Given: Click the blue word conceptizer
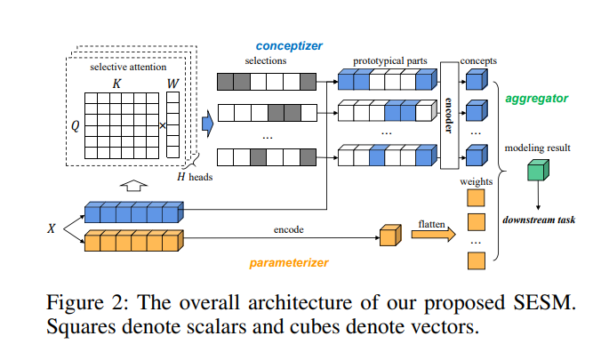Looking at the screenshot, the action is (x=289, y=46).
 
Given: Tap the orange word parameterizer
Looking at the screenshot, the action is (x=289, y=262).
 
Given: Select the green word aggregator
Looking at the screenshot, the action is (x=537, y=99).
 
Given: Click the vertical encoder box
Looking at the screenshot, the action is (x=449, y=115).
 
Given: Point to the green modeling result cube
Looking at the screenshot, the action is (x=538, y=171).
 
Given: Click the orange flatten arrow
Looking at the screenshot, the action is (x=434, y=234).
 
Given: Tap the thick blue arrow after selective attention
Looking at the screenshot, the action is (x=207, y=124).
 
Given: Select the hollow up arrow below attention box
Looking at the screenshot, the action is (x=133, y=186).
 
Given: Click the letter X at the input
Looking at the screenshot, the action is (x=51, y=228).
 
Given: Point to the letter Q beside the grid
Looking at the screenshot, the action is (x=76, y=125).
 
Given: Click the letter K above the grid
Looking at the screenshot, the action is (x=116, y=84).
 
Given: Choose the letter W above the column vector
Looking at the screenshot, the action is (x=172, y=84).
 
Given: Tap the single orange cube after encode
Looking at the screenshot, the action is (x=390, y=235).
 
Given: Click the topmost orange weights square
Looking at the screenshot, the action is (x=476, y=198).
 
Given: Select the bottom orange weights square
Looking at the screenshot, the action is (x=476, y=260).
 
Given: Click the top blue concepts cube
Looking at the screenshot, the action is (x=477, y=80).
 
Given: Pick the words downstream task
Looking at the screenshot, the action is (x=539, y=220).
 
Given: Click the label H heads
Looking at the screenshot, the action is (x=195, y=177).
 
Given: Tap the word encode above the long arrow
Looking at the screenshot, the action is (x=289, y=229).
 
